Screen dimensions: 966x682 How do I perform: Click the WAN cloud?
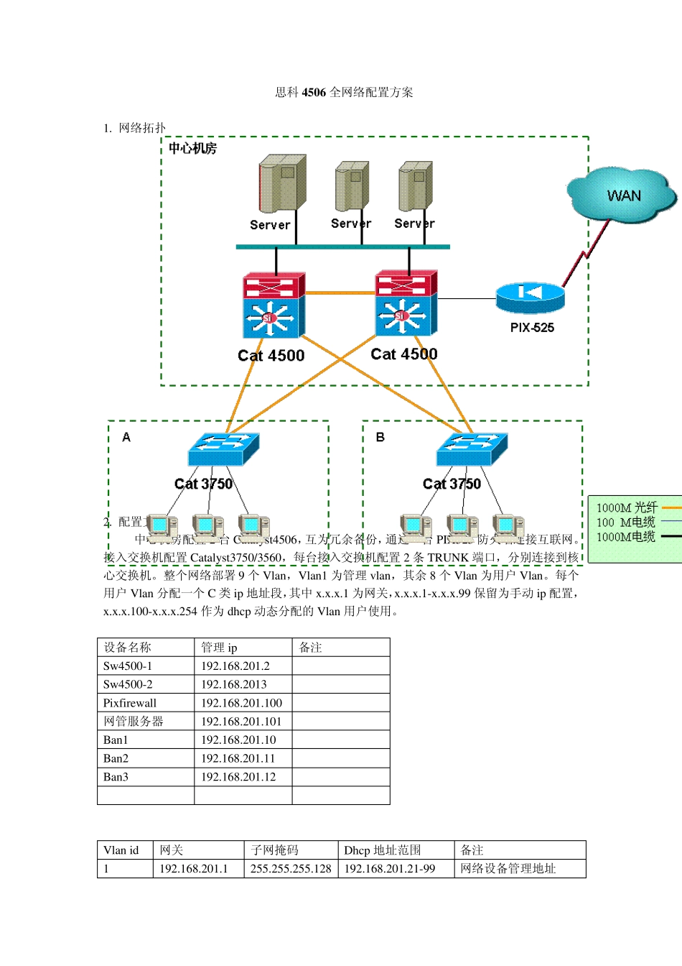click(x=622, y=195)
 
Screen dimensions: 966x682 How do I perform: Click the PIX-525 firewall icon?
click(x=530, y=296)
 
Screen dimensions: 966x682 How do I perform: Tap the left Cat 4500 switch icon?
click(x=274, y=305)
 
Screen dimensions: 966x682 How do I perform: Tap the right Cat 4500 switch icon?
click(x=406, y=303)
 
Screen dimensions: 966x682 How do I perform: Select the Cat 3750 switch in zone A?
click(x=223, y=449)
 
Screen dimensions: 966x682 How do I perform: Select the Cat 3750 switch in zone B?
click(x=472, y=449)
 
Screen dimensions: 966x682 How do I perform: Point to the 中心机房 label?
click(x=192, y=149)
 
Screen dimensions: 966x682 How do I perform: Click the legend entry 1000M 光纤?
click(x=627, y=507)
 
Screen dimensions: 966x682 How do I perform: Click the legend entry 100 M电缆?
click(x=626, y=523)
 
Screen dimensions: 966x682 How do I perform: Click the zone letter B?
click(x=380, y=437)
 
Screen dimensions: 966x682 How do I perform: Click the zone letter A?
click(x=126, y=437)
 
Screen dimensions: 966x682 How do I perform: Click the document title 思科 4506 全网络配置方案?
click(x=344, y=92)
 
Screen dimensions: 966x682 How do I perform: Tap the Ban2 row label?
click(x=116, y=758)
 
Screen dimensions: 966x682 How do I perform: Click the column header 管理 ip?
click(x=219, y=648)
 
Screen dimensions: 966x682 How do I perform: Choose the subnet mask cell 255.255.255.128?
click(x=291, y=869)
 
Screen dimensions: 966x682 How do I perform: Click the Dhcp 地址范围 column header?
click(x=383, y=850)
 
